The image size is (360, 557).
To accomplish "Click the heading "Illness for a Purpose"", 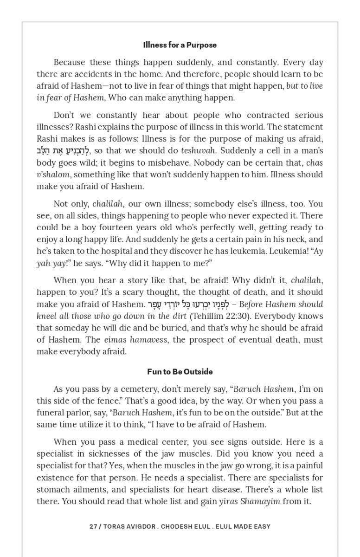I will (x=180, y=45).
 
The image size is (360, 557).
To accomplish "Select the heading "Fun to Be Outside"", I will (x=180, y=372).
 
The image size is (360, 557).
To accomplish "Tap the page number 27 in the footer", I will (x=93, y=526).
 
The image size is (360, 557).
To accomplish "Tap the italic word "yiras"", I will (x=228, y=501).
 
